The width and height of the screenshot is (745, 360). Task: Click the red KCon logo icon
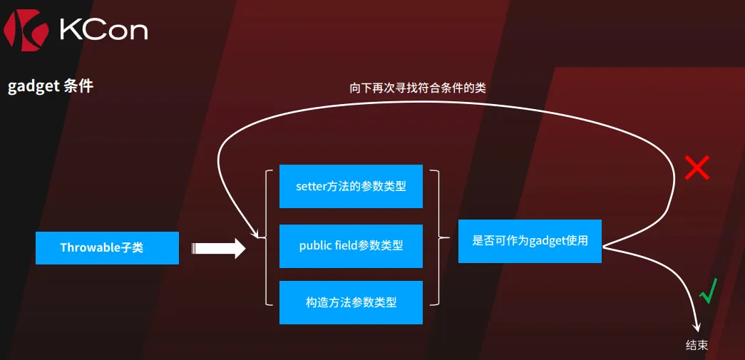26,31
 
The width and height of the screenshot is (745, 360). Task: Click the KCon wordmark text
103,31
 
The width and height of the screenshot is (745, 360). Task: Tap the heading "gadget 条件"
51,86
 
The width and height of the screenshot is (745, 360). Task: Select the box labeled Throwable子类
108,248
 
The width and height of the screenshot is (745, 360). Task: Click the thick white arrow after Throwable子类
219,248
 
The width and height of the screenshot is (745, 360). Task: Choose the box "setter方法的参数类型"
351,186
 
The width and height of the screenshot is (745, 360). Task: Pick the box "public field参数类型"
351,246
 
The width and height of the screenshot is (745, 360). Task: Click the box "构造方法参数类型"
351,302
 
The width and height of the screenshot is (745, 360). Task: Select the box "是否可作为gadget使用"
530,241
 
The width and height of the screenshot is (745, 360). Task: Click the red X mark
697,168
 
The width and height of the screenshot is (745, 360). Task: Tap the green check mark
708,291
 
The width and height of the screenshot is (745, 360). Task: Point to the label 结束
697,345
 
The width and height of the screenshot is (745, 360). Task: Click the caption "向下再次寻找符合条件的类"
418,88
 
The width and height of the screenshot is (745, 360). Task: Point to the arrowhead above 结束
697,327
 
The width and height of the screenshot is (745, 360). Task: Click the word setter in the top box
311,186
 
